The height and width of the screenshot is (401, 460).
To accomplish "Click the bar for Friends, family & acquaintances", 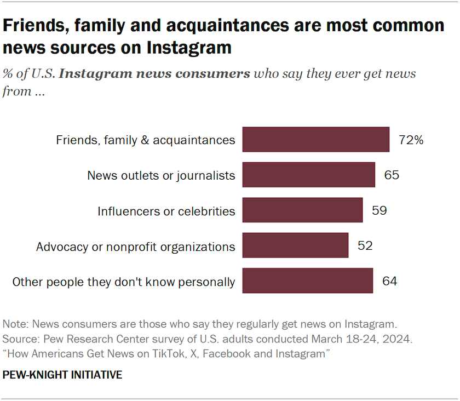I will [315, 140].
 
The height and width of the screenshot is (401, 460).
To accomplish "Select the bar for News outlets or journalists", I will [308, 175].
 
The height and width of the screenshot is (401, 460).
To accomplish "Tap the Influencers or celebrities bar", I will [302, 210].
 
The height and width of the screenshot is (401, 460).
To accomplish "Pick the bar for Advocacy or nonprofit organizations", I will [295, 245].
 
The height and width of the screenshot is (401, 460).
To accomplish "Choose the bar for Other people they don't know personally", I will [307, 281].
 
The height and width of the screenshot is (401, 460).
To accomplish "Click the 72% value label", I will [411, 140].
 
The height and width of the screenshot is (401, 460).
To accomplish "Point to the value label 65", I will [392, 175].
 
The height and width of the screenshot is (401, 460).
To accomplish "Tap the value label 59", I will [379, 210].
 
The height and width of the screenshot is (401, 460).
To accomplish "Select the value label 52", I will [365, 245].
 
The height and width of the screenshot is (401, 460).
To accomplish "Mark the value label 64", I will [389, 282].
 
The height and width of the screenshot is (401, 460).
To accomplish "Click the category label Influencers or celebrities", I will [166, 211].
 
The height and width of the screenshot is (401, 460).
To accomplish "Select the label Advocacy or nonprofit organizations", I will [135, 247].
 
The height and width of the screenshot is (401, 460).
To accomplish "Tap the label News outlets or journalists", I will [161, 176].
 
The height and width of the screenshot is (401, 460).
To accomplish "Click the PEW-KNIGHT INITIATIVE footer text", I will [62, 375].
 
